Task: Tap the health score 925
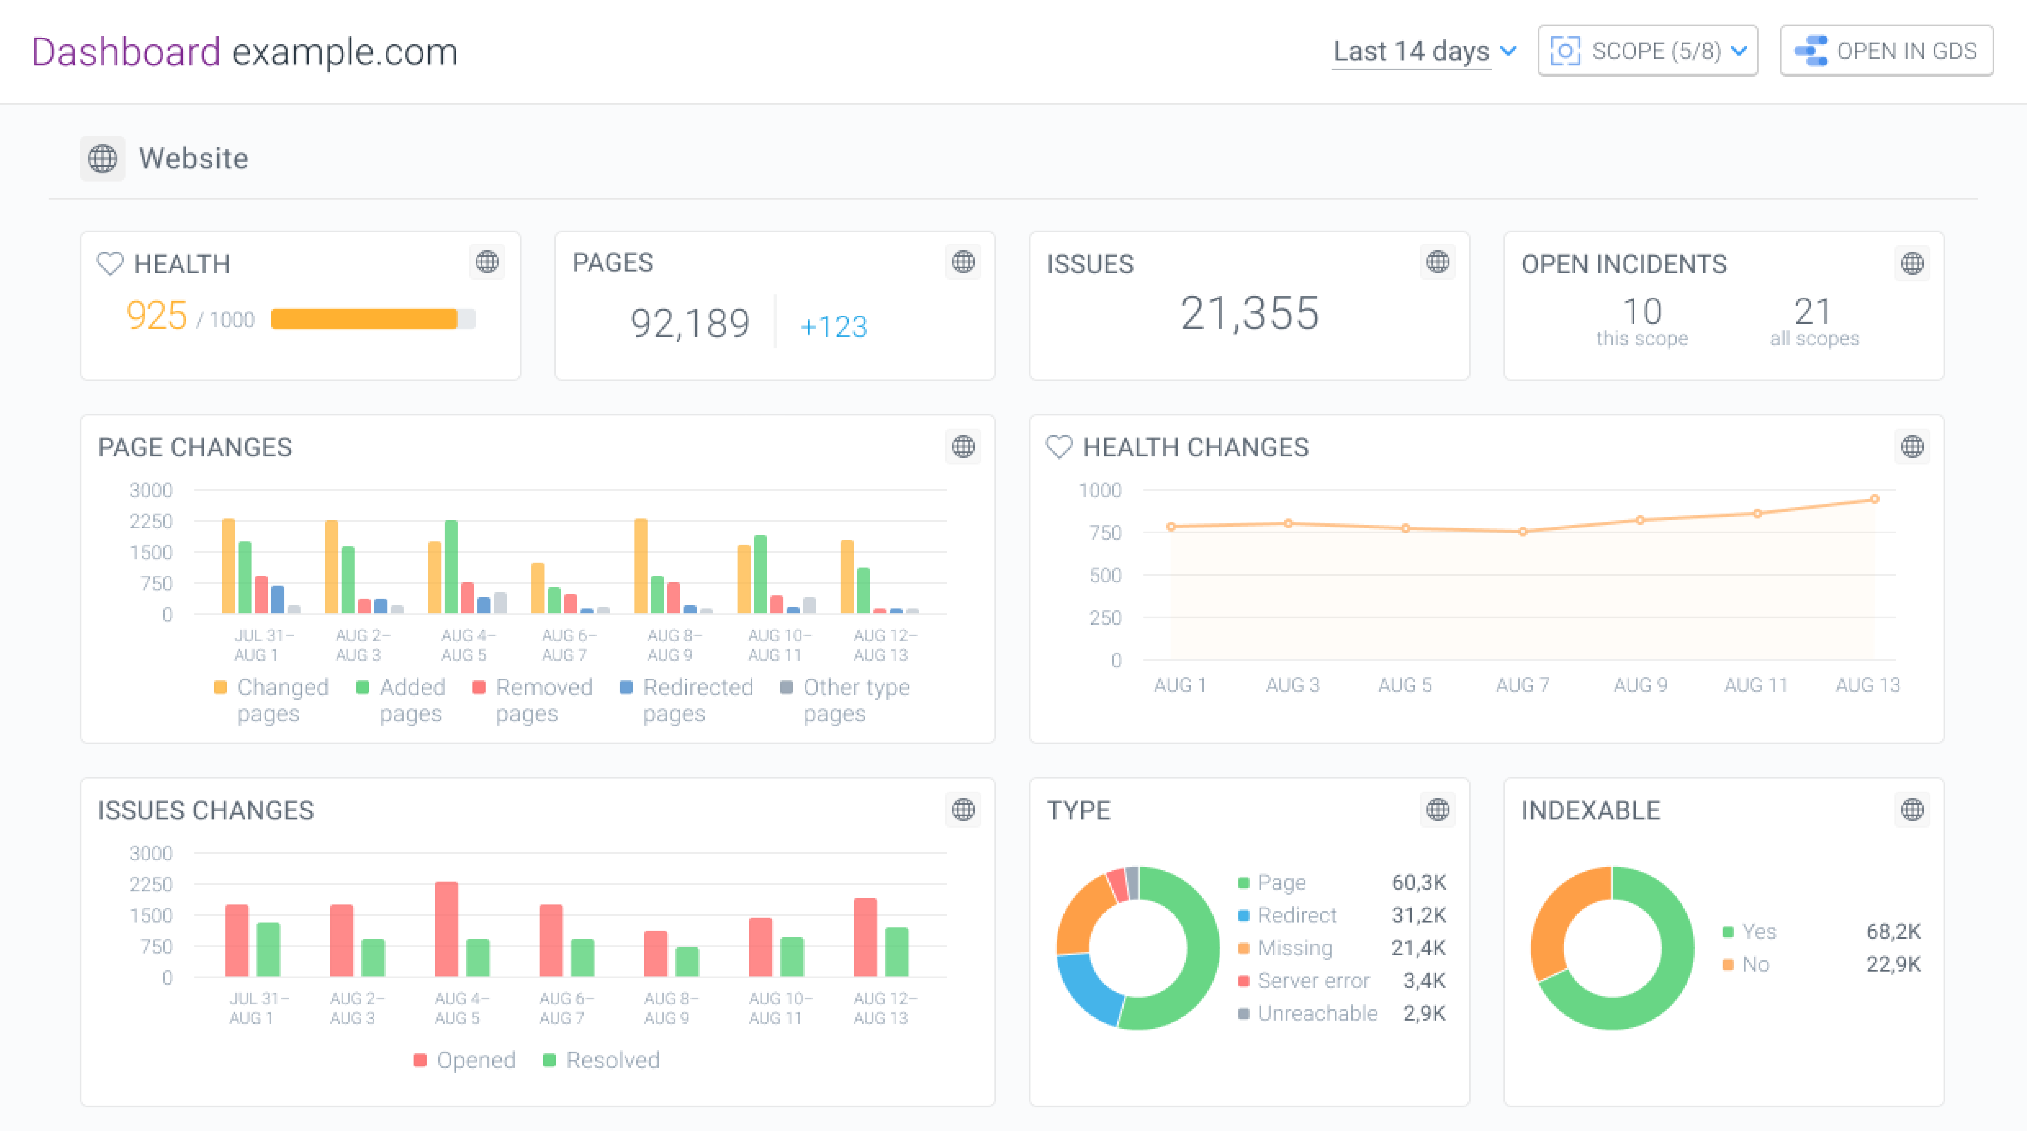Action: pyautogui.click(x=157, y=316)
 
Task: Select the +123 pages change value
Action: pyautogui.click(x=833, y=326)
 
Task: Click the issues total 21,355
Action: pyautogui.click(x=1249, y=313)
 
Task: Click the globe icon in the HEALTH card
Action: pyautogui.click(x=487, y=262)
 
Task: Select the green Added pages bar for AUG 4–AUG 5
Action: pyautogui.click(x=451, y=566)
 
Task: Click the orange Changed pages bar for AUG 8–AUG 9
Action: pyautogui.click(x=641, y=566)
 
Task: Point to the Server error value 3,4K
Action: pyautogui.click(x=1424, y=981)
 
